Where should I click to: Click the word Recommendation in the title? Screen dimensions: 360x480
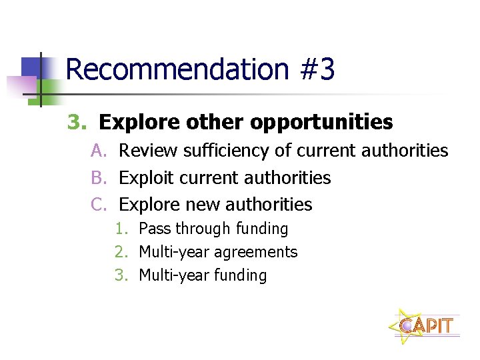click(x=177, y=69)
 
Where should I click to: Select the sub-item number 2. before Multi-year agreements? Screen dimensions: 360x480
click(x=121, y=252)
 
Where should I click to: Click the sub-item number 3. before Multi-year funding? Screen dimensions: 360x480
click(x=121, y=275)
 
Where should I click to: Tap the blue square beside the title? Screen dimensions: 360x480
click(x=31, y=67)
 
